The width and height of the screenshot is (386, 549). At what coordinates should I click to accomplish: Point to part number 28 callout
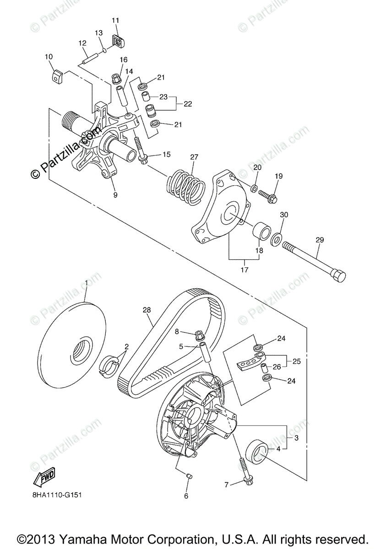click(x=147, y=310)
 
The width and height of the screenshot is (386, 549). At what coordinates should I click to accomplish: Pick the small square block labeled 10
click(x=57, y=75)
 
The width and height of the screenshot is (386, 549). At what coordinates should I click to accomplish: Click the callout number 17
click(x=244, y=270)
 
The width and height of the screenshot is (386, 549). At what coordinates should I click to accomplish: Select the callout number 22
click(x=188, y=104)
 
